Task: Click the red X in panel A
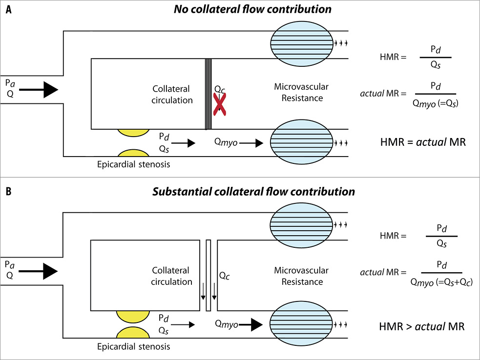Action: pos(219,104)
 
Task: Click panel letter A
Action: pos(9,10)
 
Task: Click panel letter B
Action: pos(9,192)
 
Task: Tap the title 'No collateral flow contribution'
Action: pos(252,9)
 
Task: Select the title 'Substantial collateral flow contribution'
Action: pos(253,192)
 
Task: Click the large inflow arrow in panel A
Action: pos(39,90)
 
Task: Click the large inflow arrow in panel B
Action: pos(38,271)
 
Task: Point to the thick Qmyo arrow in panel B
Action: pos(250,324)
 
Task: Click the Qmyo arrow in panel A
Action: pos(251,143)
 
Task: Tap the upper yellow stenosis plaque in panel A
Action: pos(133,133)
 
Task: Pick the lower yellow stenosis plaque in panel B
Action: pos(133,333)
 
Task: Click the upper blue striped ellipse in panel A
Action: pos(302,43)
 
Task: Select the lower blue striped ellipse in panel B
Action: pos(301,323)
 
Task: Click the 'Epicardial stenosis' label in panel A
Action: pos(133,164)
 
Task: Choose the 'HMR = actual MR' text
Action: pos(423,142)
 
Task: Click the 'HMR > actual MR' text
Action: pos(422,327)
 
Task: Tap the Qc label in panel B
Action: pos(225,276)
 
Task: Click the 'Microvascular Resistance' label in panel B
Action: pos(302,276)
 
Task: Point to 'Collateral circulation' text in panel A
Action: pos(172,95)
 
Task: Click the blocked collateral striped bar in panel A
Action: pos(208,94)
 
